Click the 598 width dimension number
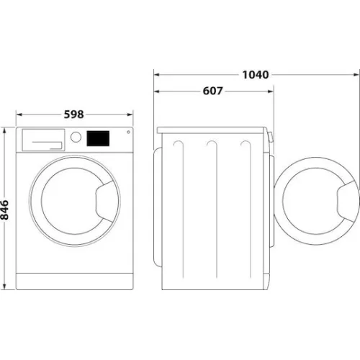point(75,114)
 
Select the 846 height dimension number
point(6,210)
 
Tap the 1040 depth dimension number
point(256,74)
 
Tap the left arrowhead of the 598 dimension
point(19,114)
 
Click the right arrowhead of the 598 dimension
point(130,114)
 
